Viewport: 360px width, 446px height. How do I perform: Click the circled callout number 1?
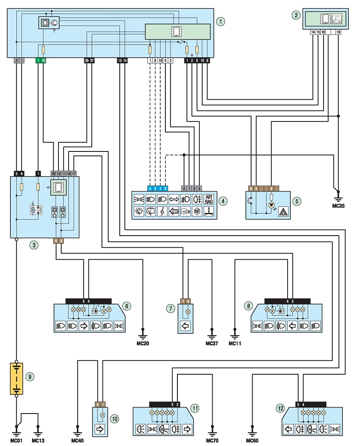tap(221, 21)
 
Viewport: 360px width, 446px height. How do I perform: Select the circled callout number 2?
tap(296, 15)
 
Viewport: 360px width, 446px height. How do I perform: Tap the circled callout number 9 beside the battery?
tap(30, 377)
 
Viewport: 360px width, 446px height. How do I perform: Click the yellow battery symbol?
tap(16, 378)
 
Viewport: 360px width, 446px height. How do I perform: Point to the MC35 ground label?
tap(338, 206)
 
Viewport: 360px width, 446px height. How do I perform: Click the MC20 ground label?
tap(143, 343)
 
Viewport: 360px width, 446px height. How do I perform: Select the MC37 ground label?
tap(212, 343)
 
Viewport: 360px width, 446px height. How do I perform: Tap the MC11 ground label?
tap(235, 343)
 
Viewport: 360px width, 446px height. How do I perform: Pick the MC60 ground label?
tap(252, 441)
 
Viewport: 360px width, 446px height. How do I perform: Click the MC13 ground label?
tap(38, 441)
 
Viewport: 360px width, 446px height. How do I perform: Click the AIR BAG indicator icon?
tap(209, 199)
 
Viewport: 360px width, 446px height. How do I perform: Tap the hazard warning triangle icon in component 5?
tap(284, 212)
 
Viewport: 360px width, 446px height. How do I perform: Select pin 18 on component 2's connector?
tap(338, 32)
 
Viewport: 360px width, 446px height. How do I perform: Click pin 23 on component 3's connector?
tap(53, 174)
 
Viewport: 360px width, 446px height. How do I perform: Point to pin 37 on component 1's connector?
tap(92, 60)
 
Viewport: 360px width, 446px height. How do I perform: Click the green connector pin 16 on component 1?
tap(43, 60)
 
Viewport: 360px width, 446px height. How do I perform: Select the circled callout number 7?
tap(171, 308)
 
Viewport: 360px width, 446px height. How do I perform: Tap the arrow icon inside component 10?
tap(100, 429)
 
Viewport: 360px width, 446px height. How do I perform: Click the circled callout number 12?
tap(280, 408)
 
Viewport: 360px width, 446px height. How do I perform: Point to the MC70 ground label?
tap(212, 441)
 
